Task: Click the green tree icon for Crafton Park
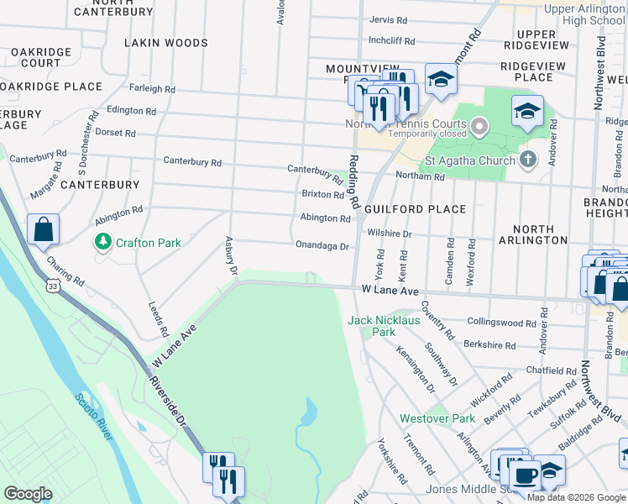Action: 103,242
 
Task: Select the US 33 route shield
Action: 53,287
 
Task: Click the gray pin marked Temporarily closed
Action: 479,127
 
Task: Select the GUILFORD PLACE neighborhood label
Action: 416,209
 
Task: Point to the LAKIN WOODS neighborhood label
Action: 165,43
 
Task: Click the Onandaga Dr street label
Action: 322,246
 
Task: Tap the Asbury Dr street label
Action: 231,255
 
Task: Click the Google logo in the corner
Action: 28,493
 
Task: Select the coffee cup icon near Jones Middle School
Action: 526,475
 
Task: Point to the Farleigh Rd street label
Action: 152,88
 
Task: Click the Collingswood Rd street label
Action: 501,323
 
